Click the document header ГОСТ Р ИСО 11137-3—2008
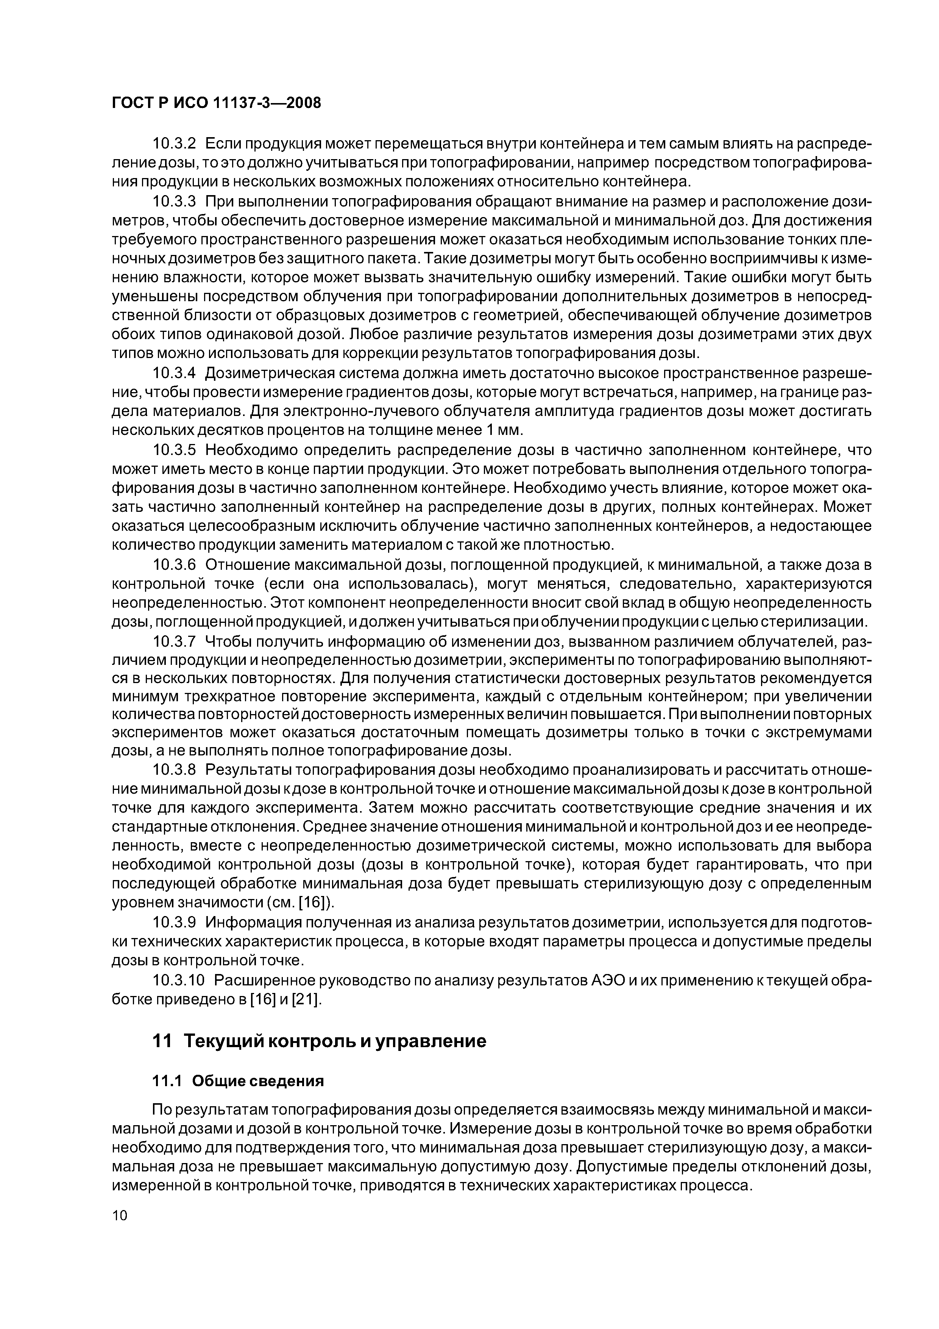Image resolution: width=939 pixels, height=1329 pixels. [216, 103]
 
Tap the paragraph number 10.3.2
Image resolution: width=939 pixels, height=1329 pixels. [174, 144]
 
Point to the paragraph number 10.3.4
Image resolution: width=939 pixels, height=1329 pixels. [174, 373]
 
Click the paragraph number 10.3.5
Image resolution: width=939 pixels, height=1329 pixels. [174, 450]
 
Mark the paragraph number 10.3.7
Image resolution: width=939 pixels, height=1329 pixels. [174, 641]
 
